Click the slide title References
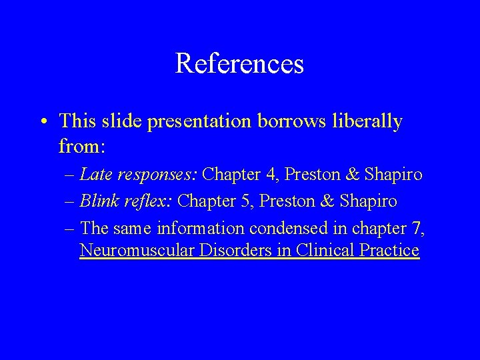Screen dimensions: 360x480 coord(239,64)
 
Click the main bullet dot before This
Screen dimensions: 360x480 coord(42,122)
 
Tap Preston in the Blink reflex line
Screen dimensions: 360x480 coord(300,200)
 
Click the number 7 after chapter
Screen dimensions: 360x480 coord(418,227)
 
